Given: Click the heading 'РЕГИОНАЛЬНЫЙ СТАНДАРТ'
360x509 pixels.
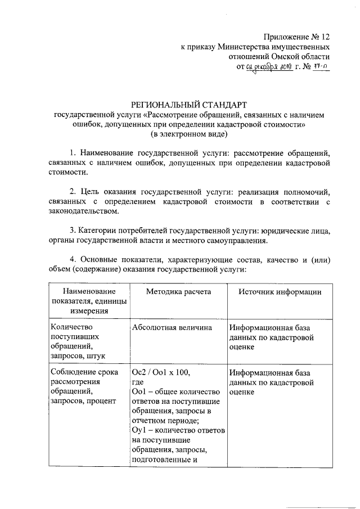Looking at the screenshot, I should pyautogui.click(x=188, y=104).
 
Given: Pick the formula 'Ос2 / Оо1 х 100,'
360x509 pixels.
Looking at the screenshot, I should pyautogui.click(x=160, y=372).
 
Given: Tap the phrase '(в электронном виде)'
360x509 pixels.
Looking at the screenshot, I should pyautogui.click(x=188, y=135).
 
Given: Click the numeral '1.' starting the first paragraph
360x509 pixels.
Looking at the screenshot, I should pyautogui.click(x=73, y=153).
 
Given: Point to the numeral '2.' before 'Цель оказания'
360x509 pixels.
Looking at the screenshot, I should pyautogui.click(x=73, y=191).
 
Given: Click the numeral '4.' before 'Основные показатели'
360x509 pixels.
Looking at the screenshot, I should pyautogui.click(x=73, y=259).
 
